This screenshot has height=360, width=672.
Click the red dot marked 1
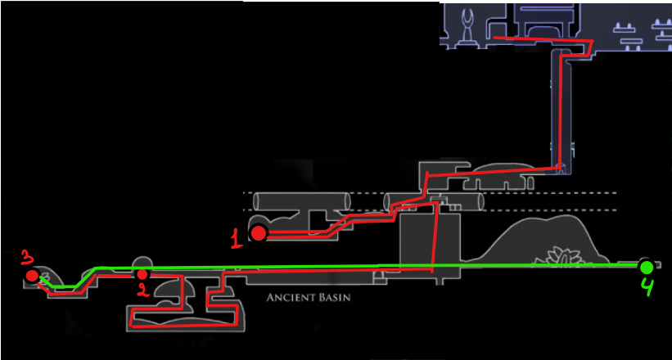tap(259, 233)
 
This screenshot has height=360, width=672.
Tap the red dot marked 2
tap(142, 274)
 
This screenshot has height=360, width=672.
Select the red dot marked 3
tap(32, 276)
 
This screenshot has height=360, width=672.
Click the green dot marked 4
tap(646, 268)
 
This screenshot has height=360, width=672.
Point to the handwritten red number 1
tap(237, 238)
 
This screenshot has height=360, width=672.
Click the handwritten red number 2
tap(142, 290)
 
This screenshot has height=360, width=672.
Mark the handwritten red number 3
tap(27, 259)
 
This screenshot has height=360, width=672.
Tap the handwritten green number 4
tap(647, 287)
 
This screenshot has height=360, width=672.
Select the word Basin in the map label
tap(335, 298)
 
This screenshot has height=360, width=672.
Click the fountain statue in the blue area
tap(466, 28)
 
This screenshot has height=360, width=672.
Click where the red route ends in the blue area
tap(494, 38)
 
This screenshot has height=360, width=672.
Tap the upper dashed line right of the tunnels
tap(552, 193)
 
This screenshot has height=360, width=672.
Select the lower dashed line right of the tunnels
tap(552, 210)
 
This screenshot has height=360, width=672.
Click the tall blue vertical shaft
tap(562, 111)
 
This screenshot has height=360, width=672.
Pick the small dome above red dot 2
tap(142, 263)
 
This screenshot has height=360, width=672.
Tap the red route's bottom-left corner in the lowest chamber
tap(133, 326)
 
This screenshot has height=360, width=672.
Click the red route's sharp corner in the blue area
tap(593, 41)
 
